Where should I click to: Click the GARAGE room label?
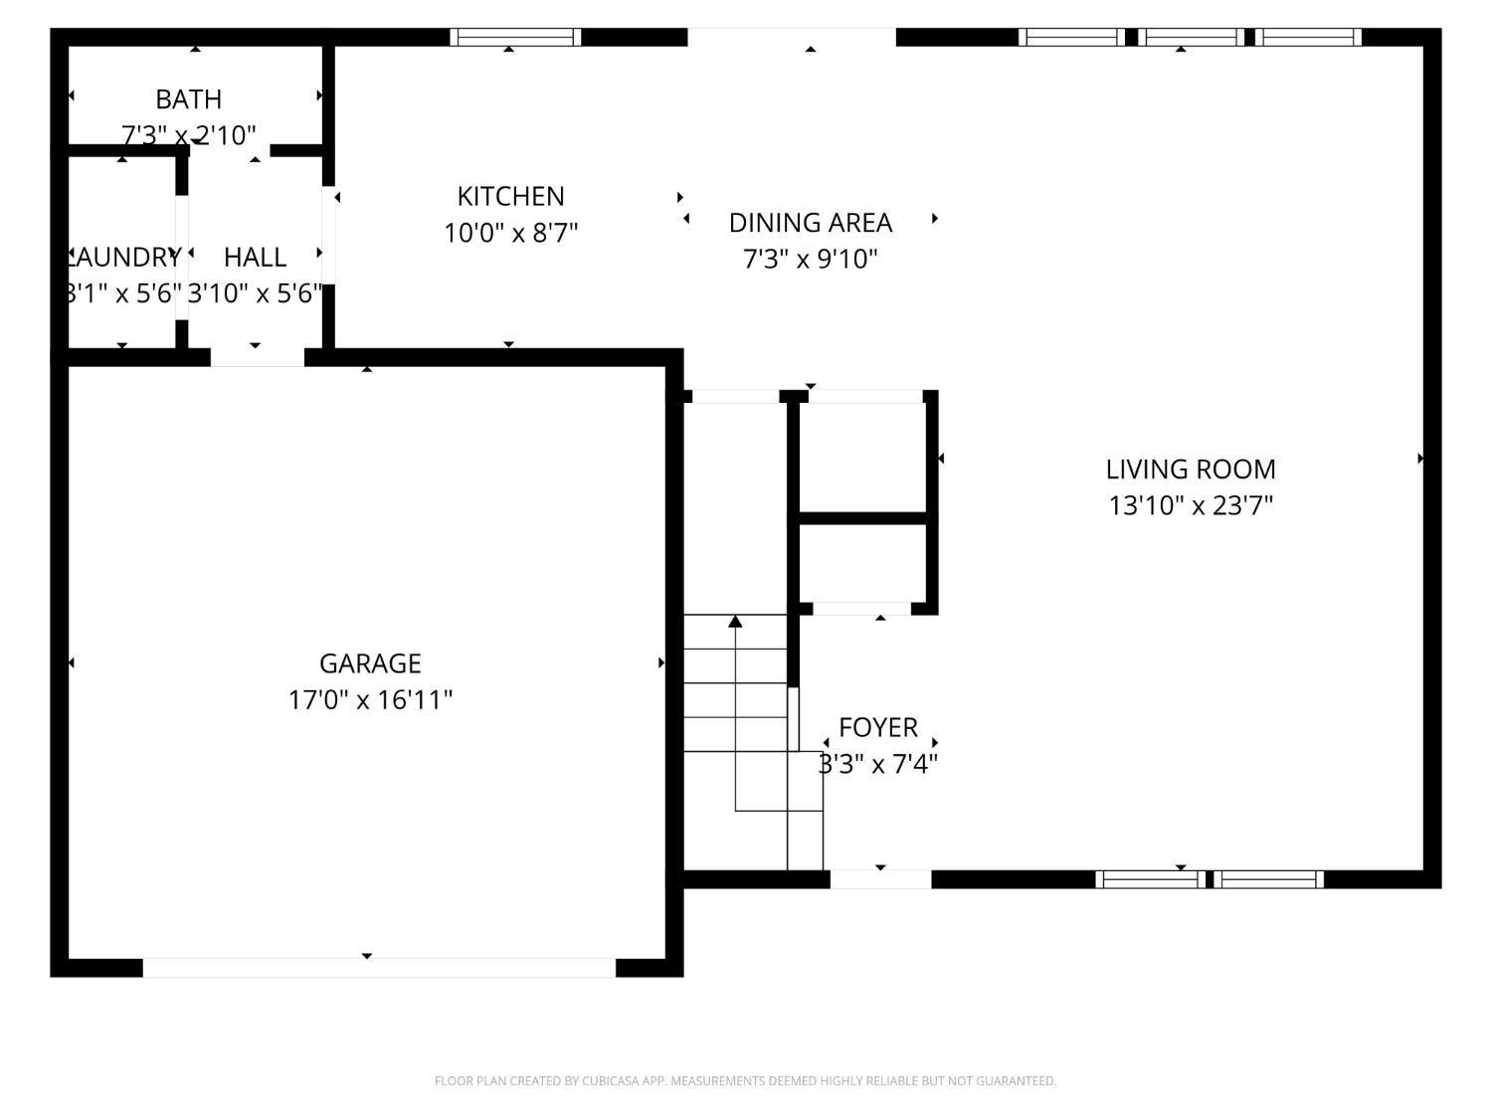(x=370, y=663)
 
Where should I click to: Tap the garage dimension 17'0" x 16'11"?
(x=370, y=700)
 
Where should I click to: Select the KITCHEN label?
(x=510, y=196)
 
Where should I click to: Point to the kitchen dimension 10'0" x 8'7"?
(x=510, y=233)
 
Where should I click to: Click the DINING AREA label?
(x=810, y=223)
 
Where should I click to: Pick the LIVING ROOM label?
(x=1191, y=468)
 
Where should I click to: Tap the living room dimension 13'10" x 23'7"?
(x=1191, y=505)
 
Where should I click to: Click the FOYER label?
(x=877, y=727)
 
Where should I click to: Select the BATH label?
(x=188, y=99)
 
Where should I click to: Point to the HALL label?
(x=255, y=257)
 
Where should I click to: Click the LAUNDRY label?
(x=123, y=257)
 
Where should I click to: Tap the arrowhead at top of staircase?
(x=735, y=622)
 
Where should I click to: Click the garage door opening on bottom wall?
(x=379, y=967)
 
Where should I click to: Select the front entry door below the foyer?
(x=880, y=879)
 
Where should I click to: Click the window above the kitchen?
(x=515, y=38)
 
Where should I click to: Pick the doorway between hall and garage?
(x=257, y=357)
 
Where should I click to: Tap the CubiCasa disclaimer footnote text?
(x=745, y=1081)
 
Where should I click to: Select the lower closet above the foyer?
(x=862, y=562)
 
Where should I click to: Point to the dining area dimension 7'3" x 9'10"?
(x=810, y=260)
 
